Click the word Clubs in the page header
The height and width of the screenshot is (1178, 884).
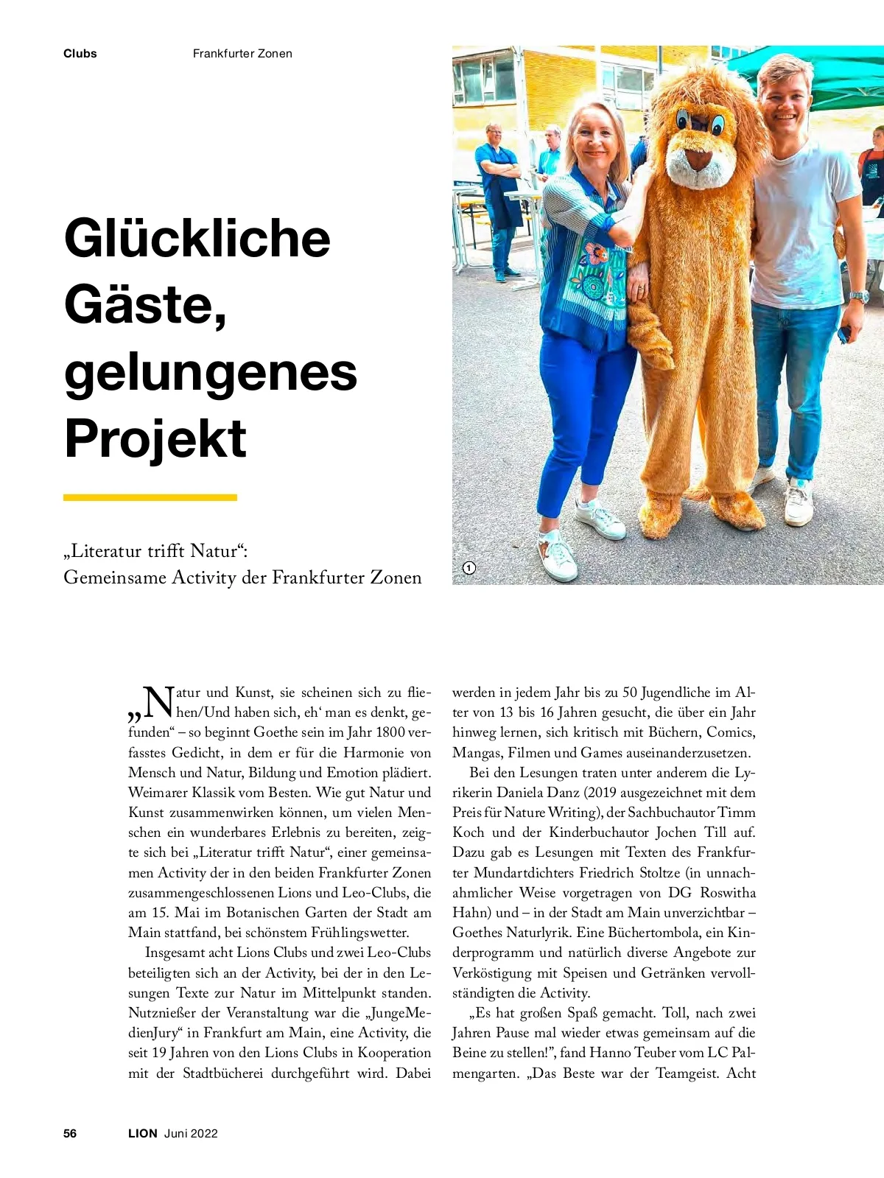click(80, 54)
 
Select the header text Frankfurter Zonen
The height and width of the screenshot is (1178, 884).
click(242, 54)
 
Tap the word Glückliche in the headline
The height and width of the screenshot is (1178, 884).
click(197, 238)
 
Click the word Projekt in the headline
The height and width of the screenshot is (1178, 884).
click(155, 438)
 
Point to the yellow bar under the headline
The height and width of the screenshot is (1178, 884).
click(150, 498)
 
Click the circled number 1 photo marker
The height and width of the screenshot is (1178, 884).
click(469, 568)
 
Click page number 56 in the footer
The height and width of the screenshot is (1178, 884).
click(70, 1133)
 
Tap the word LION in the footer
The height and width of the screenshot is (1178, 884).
click(143, 1133)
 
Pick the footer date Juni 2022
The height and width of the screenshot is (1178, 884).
click(191, 1133)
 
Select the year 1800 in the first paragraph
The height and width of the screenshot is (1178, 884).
click(390, 732)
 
